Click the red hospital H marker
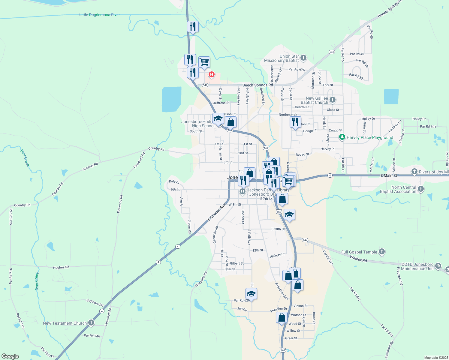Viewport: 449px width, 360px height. (212, 74)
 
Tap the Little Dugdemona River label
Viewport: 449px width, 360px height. (99, 15)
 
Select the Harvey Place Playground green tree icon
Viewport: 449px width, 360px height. (342, 137)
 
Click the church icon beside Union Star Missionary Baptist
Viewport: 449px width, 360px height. (303, 58)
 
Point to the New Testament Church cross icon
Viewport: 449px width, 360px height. (91, 323)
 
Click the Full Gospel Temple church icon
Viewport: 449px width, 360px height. (382, 252)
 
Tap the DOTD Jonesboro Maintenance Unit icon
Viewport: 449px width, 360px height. (438, 266)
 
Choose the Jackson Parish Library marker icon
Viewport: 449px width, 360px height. (243, 191)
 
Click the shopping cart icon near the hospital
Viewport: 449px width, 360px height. (204, 62)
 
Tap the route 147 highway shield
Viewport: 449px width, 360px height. (305, 240)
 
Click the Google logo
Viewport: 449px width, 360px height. (10, 356)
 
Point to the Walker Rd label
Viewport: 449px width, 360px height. (358, 259)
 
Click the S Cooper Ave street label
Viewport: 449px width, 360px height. (216, 212)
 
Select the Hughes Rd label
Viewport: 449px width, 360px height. (61, 267)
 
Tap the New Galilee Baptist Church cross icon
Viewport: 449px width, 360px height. (332, 100)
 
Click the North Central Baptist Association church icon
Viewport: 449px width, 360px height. (421, 189)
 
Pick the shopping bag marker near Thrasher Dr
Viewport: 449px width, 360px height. (282, 317)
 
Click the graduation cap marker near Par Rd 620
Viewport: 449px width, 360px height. (251, 294)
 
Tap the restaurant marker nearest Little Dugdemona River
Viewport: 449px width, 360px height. (193, 27)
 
